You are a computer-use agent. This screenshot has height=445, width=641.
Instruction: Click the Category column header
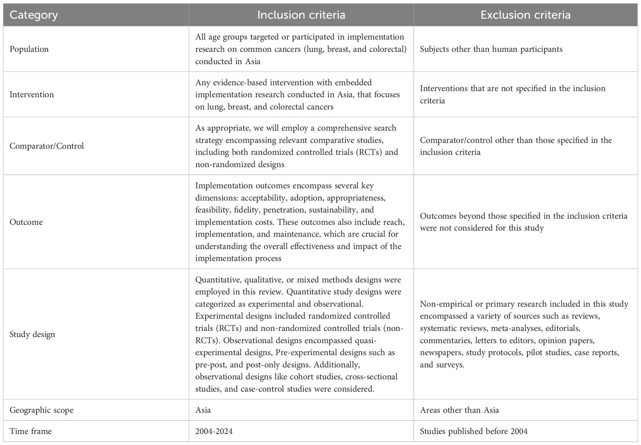tap(33, 15)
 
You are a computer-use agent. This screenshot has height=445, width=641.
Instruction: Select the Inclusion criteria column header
tap(301, 15)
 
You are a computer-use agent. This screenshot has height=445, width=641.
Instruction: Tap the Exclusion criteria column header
tap(525, 15)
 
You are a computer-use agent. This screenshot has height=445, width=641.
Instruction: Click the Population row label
tap(29, 49)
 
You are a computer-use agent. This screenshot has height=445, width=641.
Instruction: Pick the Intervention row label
tap(32, 95)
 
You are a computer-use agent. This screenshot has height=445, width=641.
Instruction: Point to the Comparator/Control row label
tap(47, 146)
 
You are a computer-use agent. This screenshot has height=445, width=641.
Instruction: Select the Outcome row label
tap(26, 222)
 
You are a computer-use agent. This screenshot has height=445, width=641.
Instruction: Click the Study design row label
tap(32, 334)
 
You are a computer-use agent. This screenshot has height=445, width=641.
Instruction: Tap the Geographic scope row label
tap(41, 410)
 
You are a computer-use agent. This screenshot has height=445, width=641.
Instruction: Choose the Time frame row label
tap(30, 431)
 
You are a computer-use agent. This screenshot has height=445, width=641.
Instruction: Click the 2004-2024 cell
tap(214, 431)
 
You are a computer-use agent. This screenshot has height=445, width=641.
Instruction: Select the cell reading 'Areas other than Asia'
tap(459, 410)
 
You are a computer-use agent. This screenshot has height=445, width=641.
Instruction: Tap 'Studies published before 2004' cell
tap(474, 431)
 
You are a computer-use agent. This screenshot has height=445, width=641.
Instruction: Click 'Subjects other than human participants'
tap(491, 49)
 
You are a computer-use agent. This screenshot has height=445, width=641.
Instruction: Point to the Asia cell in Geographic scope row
tap(203, 410)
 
